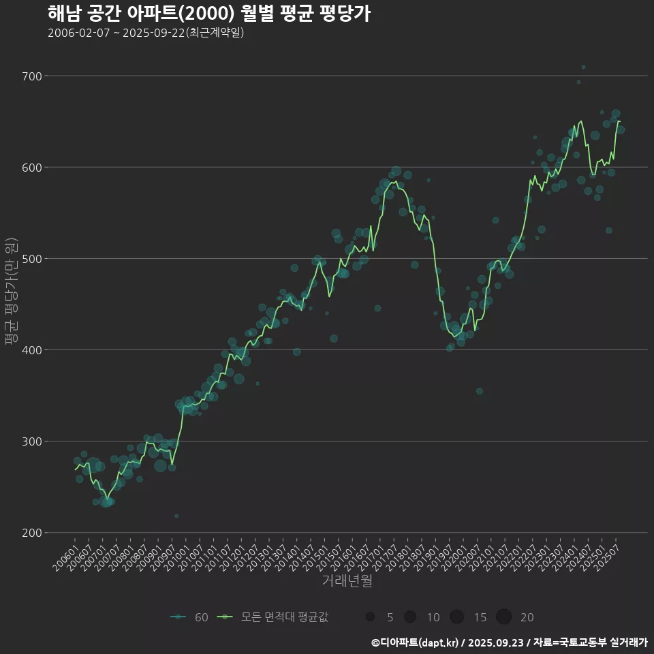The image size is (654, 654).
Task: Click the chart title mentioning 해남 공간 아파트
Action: (x=209, y=13)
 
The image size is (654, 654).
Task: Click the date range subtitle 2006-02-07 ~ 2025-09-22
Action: (x=146, y=33)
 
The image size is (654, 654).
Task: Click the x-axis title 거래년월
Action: (x=347, y=582)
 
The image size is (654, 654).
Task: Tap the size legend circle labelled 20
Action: (x=503, y=617)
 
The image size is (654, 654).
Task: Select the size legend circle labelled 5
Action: (x=370, y=617)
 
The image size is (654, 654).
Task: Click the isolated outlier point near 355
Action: (x=480, y=391)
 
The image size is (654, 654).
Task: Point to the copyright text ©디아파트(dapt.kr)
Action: (x=416, y=642)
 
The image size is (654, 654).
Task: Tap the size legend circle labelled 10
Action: (x=410, y=617)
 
